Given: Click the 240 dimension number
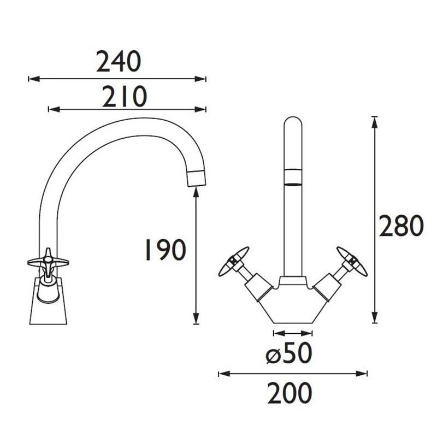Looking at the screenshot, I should coord(119,62).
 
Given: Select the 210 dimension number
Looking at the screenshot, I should coord(125,97).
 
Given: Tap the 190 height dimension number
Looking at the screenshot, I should coord(164,250).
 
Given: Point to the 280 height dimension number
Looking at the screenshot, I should coord(401,226).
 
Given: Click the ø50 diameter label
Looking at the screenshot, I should coord(289,355).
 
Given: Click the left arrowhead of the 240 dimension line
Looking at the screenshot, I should coord(32,79).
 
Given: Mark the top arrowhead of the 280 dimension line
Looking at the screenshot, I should coord(374,121).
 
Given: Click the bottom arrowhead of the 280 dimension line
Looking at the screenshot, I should coord(374,319).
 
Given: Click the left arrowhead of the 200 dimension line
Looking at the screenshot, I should coord(222,374).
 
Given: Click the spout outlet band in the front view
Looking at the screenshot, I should coord(293,178).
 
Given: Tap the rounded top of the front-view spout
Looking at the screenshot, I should coord(293,123).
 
